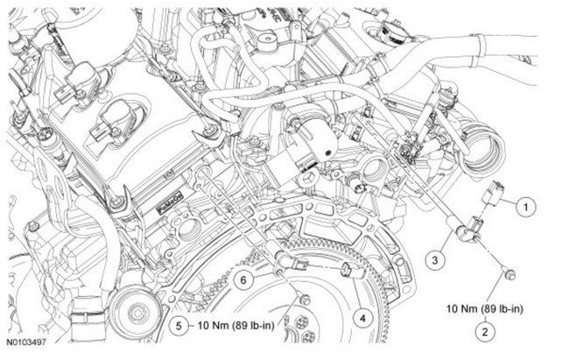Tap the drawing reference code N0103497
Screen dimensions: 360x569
(x=27, y=349)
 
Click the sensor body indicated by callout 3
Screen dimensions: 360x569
(x=464, y=229)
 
